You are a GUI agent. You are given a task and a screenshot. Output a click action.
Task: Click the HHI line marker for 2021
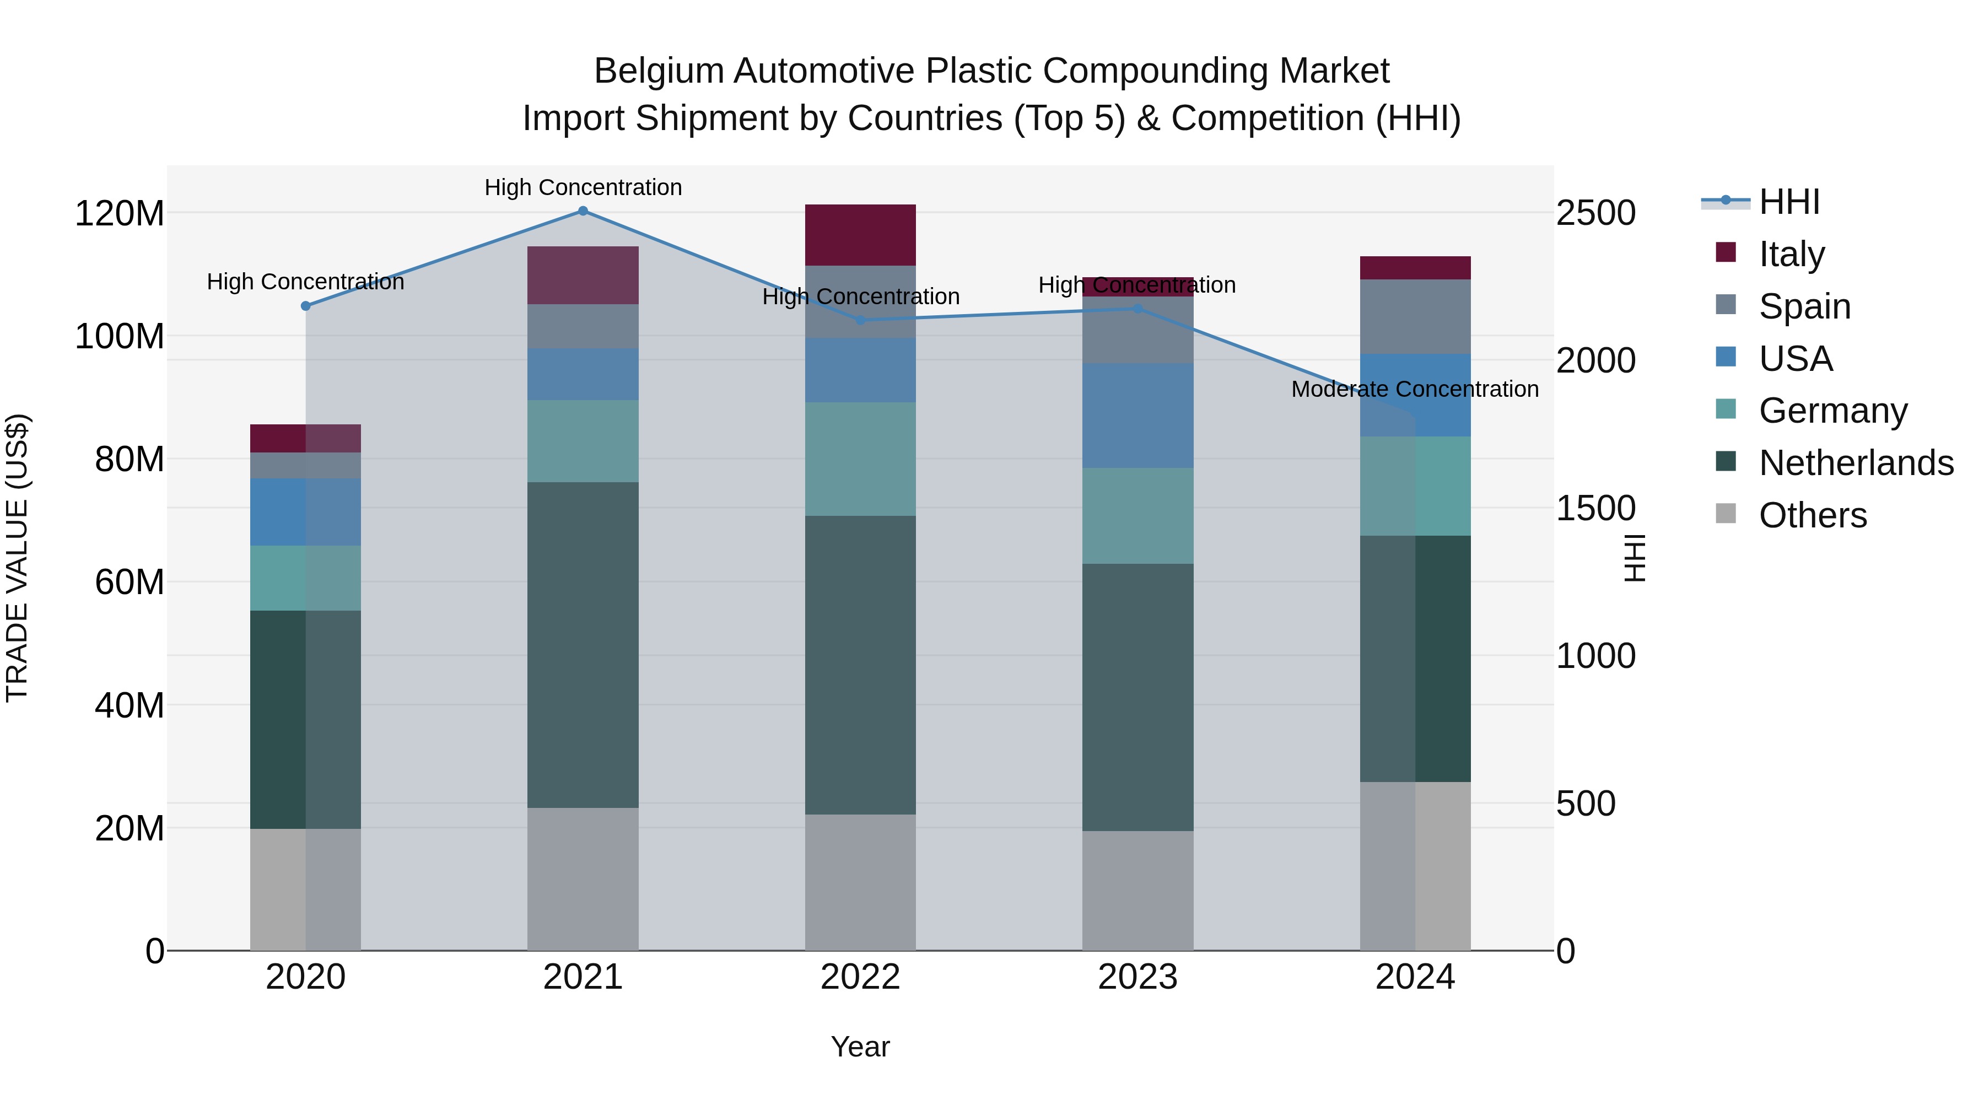pyautogui.click(x=583, y=211)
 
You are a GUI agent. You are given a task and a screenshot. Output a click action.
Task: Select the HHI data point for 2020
pyautogui.click(x=306, y=306)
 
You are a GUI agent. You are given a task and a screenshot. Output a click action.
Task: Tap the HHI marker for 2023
pyautogui.click(x=1137, y=309)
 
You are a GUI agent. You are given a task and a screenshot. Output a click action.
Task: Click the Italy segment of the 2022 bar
pyautogui.click(x=860, y=235)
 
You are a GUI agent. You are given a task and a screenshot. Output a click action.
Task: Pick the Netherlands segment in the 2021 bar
pyautogui.click(x=583, y=645)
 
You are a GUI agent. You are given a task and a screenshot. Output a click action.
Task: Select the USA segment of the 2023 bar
pyautogui.click(x=1137, y=416)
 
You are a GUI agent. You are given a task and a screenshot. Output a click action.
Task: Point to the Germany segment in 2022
pyautogui.click(x=860, y=459)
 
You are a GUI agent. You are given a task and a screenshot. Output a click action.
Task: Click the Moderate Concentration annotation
pyautogui.click(x=1414, y=390)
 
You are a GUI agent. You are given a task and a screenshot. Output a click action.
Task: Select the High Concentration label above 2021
pyautogui.click(x=583, y=188)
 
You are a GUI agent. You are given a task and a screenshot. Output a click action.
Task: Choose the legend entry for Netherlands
pyautogui.click(x=1856, y=463)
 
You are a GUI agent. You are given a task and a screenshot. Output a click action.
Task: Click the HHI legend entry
pyautogui.click(x=1789, y=202)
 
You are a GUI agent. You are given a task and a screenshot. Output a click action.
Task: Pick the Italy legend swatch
pyautogui.click(x=1726, y=252)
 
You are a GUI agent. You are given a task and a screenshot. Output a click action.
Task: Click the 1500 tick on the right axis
pyautogui.click(x=1595, y=508)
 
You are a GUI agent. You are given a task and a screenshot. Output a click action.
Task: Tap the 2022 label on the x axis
pyautogui.click(x=860, y=977)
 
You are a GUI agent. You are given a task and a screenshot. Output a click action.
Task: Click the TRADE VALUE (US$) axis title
pyautogui.click(x=17, y=558)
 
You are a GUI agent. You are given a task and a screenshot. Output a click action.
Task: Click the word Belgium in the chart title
pyautogui.click(x=659, y=72)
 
